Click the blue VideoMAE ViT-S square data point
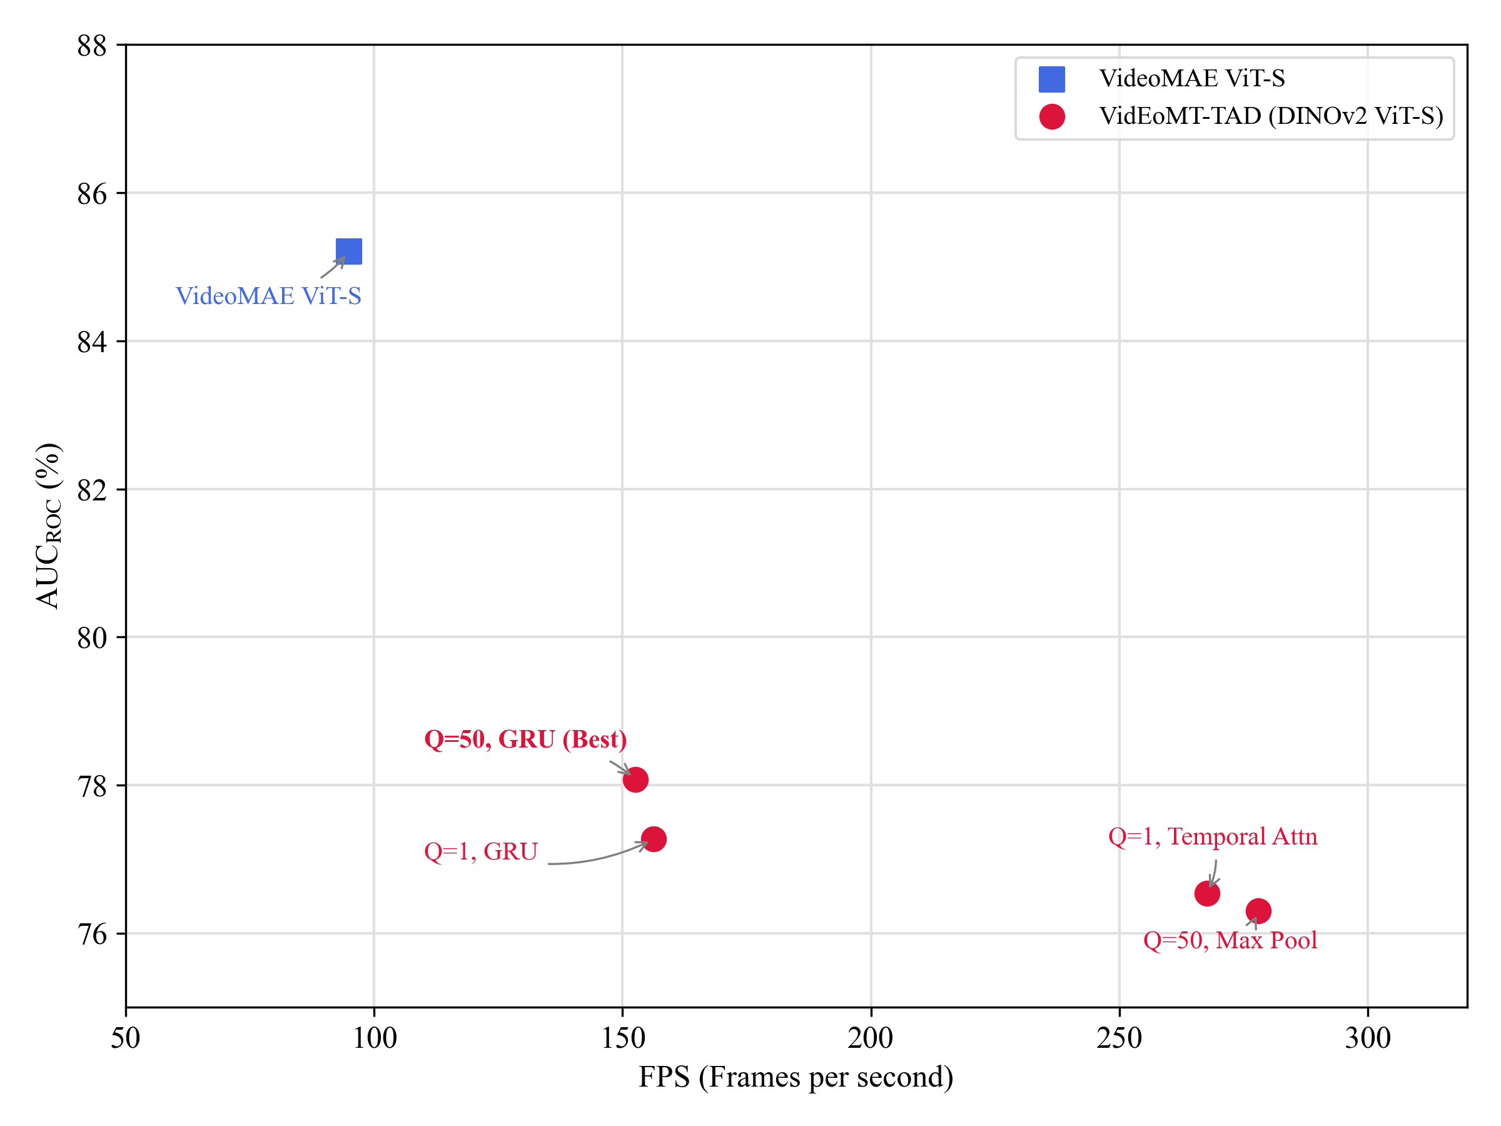[x=349, y=251]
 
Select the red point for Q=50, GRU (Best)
[x=635, y=780]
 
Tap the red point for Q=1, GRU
[x=654, y=839]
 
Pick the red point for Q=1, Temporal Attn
[x=1207, y=893]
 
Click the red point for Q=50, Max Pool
[x=1258, y=911]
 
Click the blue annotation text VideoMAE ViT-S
[x=268, y=296]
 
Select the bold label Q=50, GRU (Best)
[x=525, y=739]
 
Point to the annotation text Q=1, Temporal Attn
[x=1213, y=836]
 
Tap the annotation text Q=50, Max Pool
[x=1230, y=940]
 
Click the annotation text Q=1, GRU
[x=480, y=851]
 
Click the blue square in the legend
[x=1052, y=79]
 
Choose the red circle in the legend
[x=1052, y=116]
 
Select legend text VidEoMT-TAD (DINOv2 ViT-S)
[x=1271, y=116]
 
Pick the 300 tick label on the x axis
[x=1367, y=1038]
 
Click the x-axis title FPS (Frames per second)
[x=796, y=1077]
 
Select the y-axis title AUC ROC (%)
[x=49, y=526]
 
